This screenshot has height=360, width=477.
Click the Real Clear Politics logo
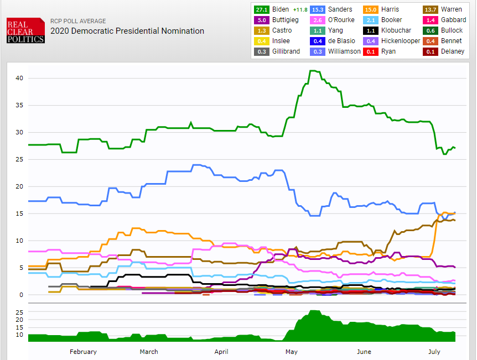(25, 31)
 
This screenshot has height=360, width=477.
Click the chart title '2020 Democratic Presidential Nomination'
(127, 31)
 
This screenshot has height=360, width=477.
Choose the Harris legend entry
(391, 9)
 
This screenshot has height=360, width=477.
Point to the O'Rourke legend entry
(342, 20)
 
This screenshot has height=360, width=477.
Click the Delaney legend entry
(453, 51)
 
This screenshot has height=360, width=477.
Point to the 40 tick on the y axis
(19, 78)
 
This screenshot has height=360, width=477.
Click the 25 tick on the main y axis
(19, 159)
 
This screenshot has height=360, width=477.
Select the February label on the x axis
(83, 352)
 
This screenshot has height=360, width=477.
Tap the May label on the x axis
(291, 352)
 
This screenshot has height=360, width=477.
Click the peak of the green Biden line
(313, 71)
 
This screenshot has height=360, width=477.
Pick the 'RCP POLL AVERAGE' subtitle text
(78, 21)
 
